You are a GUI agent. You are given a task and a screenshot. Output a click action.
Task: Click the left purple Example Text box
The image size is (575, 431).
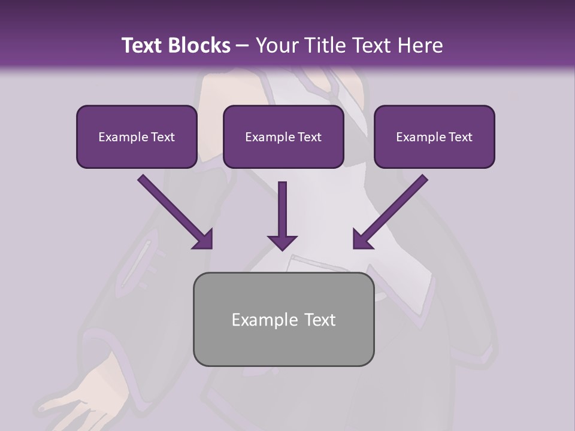coord(137,136)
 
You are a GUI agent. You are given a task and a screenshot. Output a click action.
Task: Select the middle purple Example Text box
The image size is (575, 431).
coord(283,136)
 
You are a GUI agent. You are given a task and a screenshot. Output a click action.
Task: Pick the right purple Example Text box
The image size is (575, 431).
coord(434,136)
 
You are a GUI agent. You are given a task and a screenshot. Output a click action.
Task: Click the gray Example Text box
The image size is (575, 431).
coord(283,319)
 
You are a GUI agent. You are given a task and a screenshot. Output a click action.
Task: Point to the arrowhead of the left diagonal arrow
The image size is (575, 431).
coord(204,239)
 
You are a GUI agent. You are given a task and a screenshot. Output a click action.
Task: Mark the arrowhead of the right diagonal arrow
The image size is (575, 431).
coord(362,239)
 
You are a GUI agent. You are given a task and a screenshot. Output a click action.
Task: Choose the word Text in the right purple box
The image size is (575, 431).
coord(460,137)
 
